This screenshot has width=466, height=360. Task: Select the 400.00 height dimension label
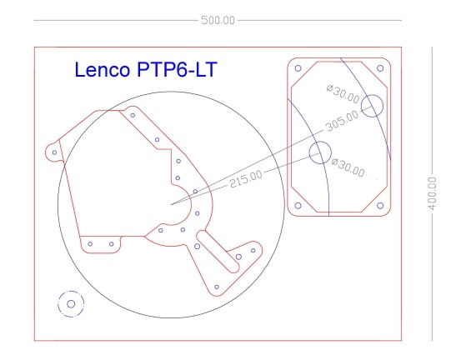(x=432, y=193)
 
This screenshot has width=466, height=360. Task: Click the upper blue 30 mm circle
(x=373, y=105)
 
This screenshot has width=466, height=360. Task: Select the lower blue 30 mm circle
(x=319, y=152)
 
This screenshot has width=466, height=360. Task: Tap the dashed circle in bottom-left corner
(x=71, y=304)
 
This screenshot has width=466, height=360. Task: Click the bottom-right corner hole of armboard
(x=380, y=205)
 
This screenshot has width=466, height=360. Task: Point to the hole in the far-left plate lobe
(x=54, y=152)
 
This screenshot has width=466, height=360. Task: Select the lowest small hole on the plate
(x=217, y=287)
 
